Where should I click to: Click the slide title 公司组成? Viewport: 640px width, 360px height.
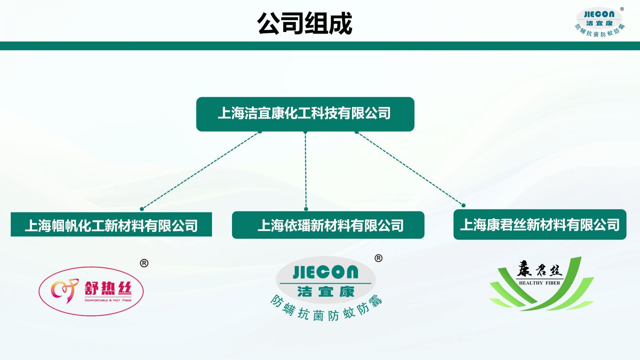point(304,24)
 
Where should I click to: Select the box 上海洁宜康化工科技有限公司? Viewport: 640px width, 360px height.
point(305,114)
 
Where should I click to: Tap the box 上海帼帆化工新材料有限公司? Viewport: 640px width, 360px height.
point(112,224)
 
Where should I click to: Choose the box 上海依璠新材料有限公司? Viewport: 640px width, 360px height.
point(328,225)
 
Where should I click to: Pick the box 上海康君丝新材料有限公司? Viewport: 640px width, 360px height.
point(540,224)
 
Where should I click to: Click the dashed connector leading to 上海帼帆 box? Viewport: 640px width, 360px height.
point(201,170)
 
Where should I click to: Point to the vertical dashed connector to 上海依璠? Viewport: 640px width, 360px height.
point(306,170)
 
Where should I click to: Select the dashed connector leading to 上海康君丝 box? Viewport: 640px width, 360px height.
point(410,168)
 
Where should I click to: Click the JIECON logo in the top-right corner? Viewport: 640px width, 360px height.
point(600,22)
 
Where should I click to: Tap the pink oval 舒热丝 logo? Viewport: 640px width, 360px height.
point(91,291)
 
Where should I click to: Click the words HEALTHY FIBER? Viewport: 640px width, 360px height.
point(540,283)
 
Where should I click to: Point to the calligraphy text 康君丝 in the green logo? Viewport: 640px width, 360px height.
point(540,269)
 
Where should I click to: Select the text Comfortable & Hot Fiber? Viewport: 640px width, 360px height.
point(108,300)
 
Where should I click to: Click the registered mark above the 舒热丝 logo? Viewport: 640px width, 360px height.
point(144,263)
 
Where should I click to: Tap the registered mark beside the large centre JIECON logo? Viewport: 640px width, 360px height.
point(378,258)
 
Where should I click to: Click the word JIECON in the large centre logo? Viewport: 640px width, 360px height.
point(326,272)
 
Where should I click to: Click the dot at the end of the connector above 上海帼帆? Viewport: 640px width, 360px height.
point(142,209)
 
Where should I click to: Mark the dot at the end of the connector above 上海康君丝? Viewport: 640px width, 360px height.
point(464,205)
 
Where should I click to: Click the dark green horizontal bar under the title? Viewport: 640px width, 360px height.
point(320,46)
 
